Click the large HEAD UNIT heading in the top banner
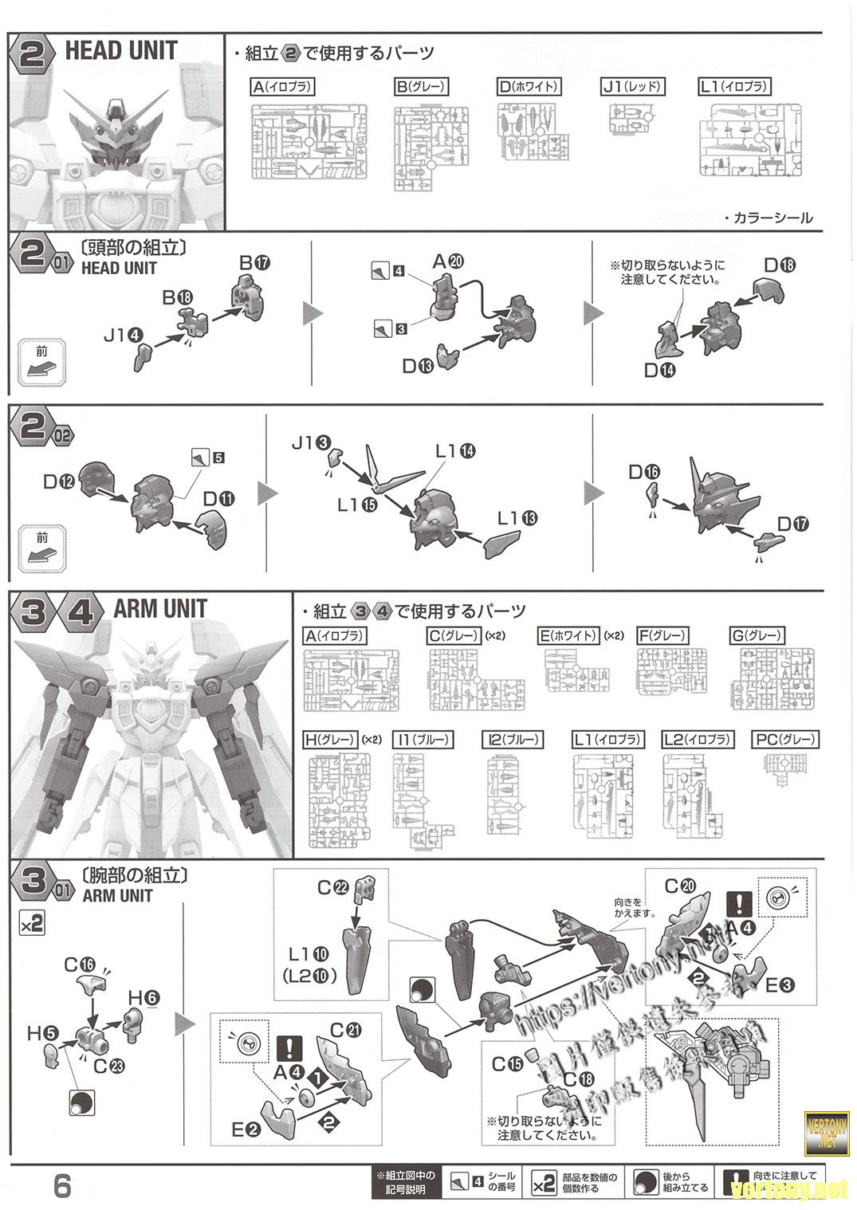(121, 52)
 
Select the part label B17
(255, 262)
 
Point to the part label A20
(448, 261)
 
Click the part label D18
(779, 265)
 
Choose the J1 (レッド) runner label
(634, 87)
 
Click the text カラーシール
(772, 218)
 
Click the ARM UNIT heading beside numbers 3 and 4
(160, 610)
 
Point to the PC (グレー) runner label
(785, 740)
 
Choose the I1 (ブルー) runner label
(423, 740)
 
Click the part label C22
(332, 886)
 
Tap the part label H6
(143, 997)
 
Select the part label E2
(245, 1129)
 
